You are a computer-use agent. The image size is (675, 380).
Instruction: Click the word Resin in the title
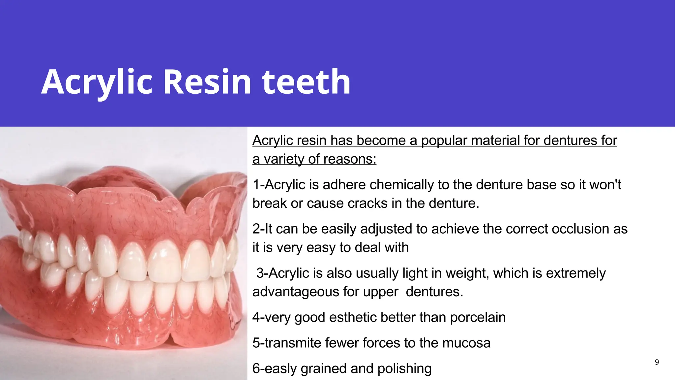(x=207, y=82)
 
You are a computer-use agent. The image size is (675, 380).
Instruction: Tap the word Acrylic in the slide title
(x=97, y=82)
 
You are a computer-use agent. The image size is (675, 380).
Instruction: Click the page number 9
(x=657, y=362)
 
